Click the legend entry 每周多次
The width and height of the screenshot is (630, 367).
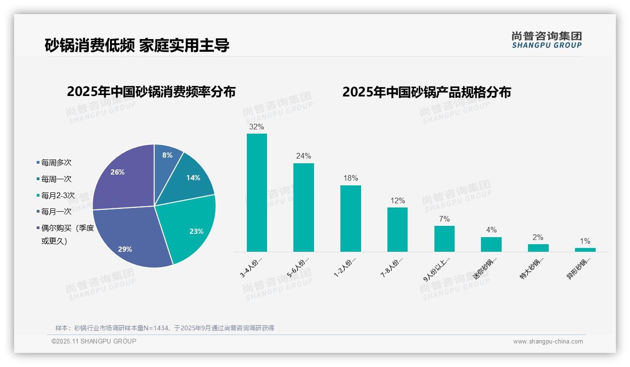[56, 163]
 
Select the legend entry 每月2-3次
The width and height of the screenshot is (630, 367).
[57, 195]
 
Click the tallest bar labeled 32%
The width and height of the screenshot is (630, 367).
[257, 193]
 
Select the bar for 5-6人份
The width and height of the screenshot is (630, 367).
[303, 207]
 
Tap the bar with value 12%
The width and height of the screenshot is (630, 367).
[397, 230]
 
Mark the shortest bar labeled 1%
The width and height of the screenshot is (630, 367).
[585, 249]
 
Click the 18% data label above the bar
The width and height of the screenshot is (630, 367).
[350, 178]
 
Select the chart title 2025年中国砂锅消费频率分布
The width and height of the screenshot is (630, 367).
[151, 92]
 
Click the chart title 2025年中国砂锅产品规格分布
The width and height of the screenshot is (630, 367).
[426, 92]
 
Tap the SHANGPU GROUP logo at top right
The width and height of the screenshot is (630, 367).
[546, 40]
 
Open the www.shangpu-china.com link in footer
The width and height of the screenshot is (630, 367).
[548, 342]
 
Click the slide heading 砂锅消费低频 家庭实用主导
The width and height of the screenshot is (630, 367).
[137, 46]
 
